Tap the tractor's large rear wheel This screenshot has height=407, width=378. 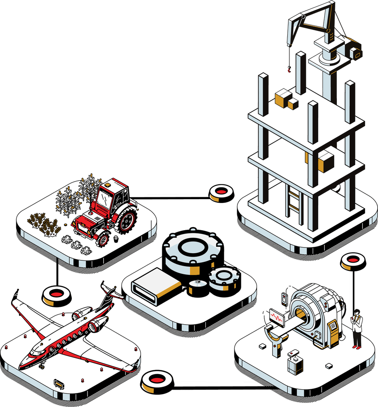pos(127,220)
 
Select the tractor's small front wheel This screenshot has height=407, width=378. pos(102,239)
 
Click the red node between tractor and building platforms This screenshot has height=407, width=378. pos(221,193)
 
